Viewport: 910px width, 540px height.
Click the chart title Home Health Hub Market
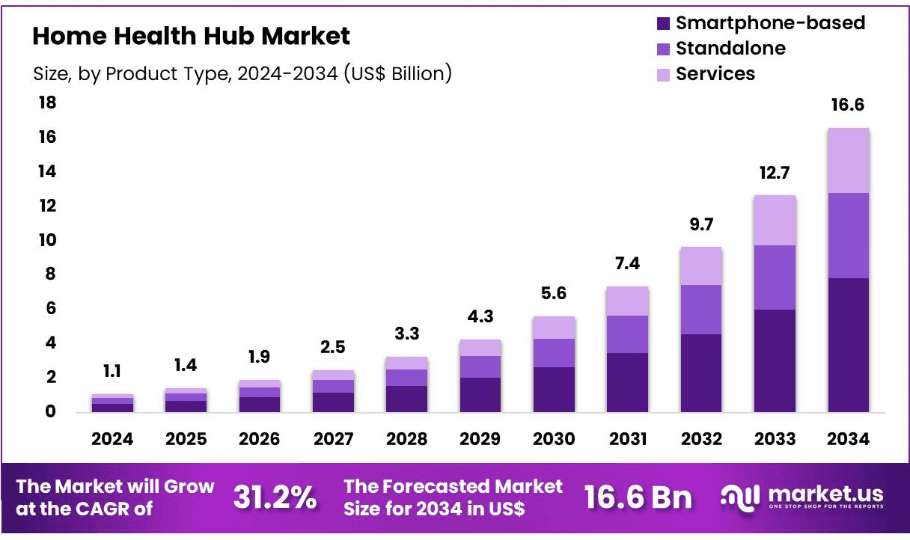tap(191, 36)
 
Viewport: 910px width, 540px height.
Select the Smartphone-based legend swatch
tap(663, 23)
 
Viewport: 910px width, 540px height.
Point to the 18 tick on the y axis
tap(47, 103)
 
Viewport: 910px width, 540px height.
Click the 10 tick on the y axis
tap(47, 240)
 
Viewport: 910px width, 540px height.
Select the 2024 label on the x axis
tap(112, 439)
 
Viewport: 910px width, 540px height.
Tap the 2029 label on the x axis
tap(480, 439)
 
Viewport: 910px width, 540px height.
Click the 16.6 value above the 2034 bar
tap(848, 105)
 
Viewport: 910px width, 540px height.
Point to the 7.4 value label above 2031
tap(627, 263)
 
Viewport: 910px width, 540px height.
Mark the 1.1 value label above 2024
tap(112, 371)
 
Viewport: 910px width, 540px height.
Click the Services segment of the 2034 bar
tap(848, 160)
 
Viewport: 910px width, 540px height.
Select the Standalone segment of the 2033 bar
tap(775, 277)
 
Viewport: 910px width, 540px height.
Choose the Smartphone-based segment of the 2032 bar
tap(701, 372)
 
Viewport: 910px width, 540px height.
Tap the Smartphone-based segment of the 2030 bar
tap(554, 389)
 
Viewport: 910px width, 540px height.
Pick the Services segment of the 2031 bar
tap(627, 301)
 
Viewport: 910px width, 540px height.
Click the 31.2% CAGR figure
tap(275, 497)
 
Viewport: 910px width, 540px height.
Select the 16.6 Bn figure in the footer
tap(638, 497)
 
